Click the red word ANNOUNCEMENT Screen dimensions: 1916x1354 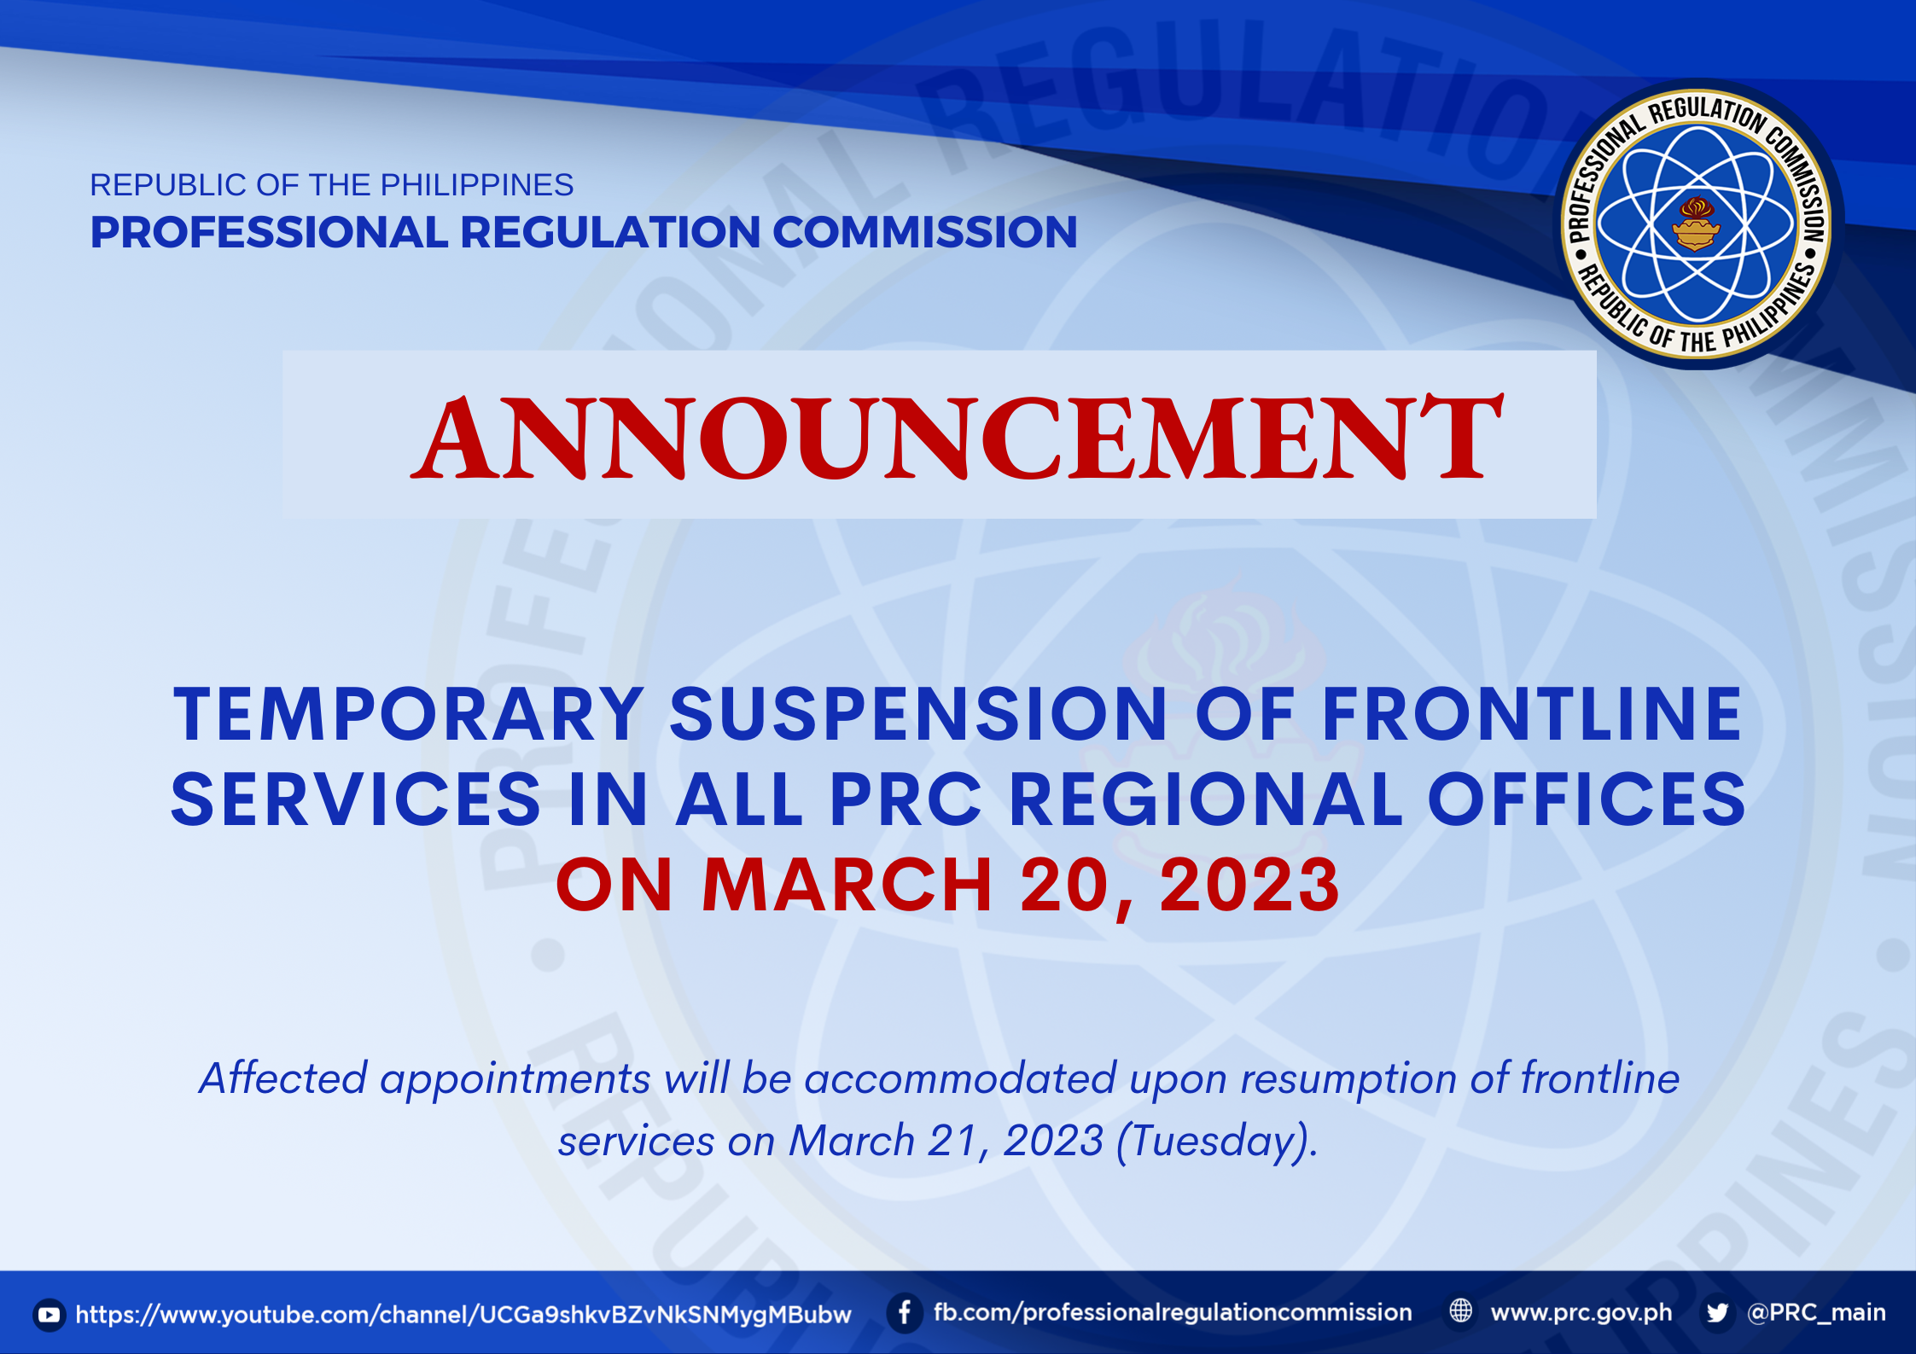957,437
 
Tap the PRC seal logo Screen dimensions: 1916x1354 1697,224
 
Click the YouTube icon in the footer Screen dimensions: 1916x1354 50,1315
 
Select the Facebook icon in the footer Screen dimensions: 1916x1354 905,1313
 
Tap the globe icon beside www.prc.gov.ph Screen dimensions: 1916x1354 1461,1311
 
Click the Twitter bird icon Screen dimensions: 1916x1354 1718,1313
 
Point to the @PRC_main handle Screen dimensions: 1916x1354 1817,1313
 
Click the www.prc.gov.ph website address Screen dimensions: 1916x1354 1581,1313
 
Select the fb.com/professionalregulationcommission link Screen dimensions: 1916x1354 1173,1313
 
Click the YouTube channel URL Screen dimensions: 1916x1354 463,1315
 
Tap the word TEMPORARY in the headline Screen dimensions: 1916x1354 409,714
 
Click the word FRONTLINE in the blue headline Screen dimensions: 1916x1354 1532,714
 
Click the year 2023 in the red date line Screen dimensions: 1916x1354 1249,885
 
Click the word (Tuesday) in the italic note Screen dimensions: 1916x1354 1217,1142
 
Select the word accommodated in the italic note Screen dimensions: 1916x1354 960,1078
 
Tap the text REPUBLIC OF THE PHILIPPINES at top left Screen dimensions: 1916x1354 332,185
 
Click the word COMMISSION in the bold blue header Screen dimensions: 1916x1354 925,232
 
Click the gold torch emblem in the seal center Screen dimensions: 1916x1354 1696,224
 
